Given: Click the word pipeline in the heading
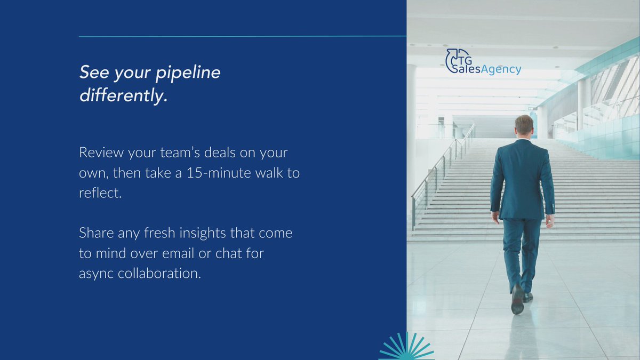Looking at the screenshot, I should (188, 73).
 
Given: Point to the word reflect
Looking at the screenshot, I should (100, 193).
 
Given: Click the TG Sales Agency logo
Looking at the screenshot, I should (483, 62).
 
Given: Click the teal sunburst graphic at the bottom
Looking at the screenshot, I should (406, 348).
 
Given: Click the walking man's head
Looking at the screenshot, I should (524, 126).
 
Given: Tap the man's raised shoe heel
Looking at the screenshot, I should (516, 306).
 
